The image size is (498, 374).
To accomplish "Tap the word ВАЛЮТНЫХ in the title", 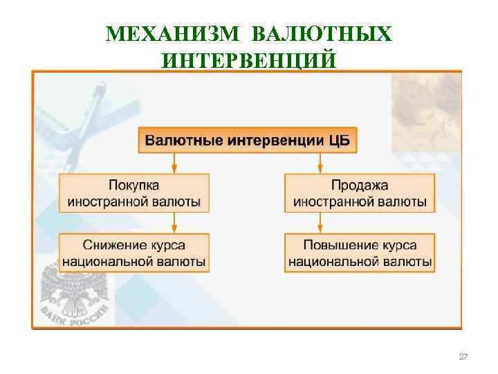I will (322, 33).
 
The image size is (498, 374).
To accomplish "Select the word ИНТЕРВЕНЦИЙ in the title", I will (249, 60).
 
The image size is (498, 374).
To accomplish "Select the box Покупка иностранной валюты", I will (134, 193).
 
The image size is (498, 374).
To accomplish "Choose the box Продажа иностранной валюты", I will (360, 193).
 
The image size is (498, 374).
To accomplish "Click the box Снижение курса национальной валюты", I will (134, 253).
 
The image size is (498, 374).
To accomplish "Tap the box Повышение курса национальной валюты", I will (360, 253).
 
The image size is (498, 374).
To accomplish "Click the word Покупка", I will (134, 186).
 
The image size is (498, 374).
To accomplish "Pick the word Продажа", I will (360, 186).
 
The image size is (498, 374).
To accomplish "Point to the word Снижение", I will (114, 245).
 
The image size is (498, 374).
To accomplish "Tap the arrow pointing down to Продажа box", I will (320, 164).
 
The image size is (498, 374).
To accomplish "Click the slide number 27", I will (463, 357).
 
